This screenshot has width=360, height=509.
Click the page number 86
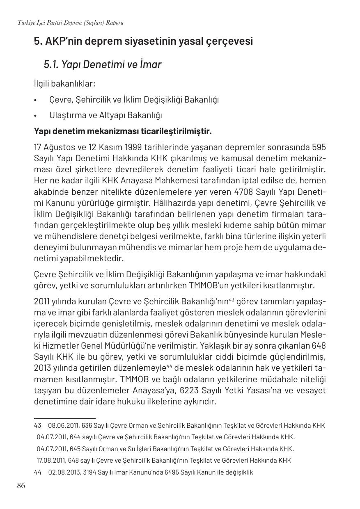click(x=21, y=486)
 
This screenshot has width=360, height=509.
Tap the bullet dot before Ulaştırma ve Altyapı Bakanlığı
click(x=36, y=116)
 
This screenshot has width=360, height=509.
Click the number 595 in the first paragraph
click(x=319, y=147)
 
